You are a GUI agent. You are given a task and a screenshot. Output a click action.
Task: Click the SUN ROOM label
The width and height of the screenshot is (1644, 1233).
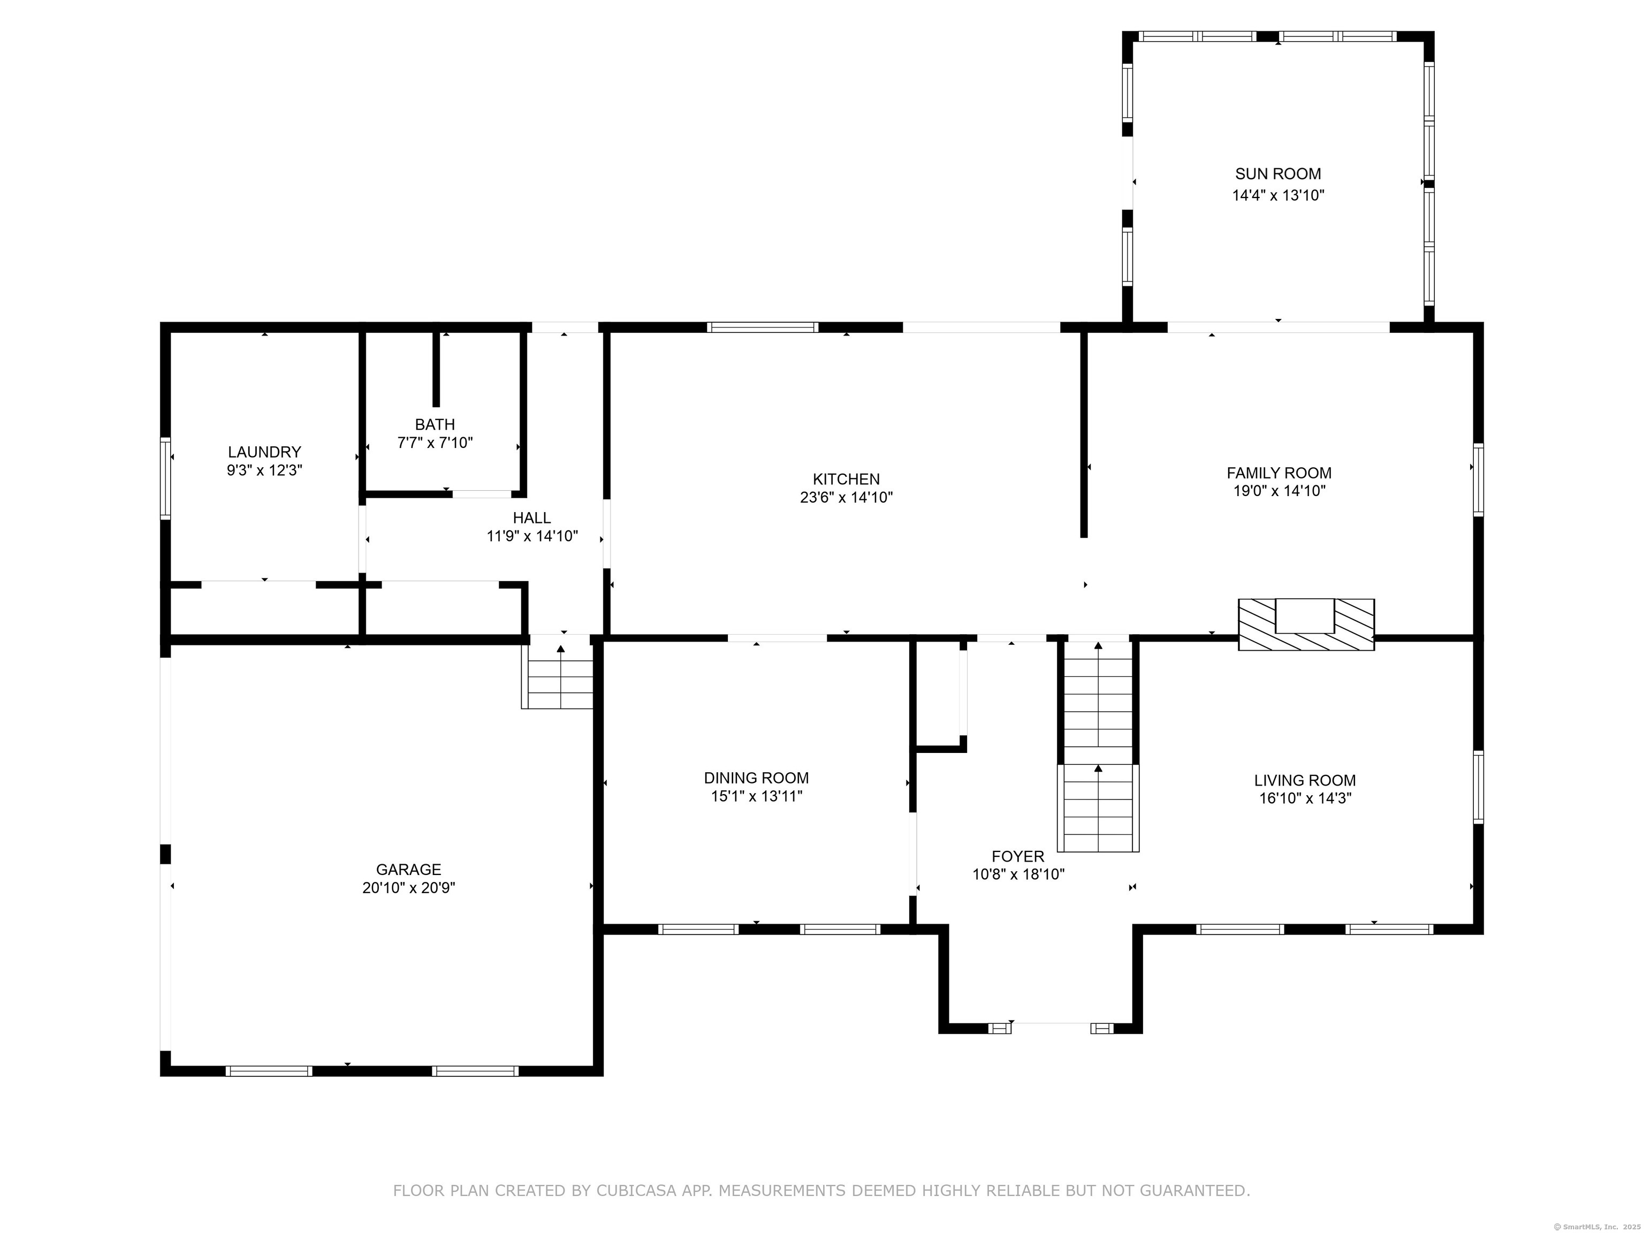[1277, 174]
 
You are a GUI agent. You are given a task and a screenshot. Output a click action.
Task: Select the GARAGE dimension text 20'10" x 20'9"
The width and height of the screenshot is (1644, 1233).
[409, 887]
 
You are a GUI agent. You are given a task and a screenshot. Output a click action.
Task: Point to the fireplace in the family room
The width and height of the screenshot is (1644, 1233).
[1306, 625]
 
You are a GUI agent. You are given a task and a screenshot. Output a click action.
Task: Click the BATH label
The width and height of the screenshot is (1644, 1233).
[435, 424]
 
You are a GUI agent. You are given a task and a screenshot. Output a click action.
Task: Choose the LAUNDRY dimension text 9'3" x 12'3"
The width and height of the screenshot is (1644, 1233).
[264, 470]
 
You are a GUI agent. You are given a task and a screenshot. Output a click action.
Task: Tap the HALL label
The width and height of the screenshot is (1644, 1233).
[531, 518]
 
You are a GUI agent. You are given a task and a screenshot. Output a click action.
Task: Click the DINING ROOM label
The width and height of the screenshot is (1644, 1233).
[757, 778]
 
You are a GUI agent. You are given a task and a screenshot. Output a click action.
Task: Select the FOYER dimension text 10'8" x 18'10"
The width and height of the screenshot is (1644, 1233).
[1018, 875]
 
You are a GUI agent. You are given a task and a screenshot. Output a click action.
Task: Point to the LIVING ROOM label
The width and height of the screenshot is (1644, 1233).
[1305, 780]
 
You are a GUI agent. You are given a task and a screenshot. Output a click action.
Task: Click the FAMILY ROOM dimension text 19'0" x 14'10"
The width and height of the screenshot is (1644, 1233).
[1279, 491]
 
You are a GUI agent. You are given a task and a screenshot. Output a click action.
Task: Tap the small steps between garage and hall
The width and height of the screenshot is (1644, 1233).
[560, 675]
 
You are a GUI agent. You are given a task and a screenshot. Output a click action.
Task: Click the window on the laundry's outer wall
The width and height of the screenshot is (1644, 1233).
[166, 477]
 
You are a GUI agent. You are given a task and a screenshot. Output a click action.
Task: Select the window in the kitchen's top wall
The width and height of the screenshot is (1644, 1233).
[763, 327]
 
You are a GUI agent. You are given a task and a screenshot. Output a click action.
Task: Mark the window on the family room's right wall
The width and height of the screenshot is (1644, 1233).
[1478, 479]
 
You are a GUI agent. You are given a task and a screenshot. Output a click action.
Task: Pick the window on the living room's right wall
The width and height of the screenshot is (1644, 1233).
[1478, 787]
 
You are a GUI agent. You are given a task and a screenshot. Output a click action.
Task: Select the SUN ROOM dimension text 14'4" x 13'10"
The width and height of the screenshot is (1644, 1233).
[1278, 195]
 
